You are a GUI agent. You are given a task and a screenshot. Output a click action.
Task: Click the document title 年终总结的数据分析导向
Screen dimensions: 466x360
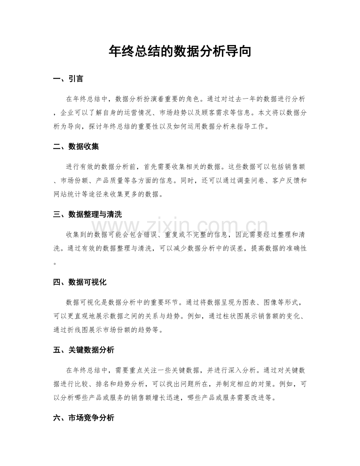[180, 51]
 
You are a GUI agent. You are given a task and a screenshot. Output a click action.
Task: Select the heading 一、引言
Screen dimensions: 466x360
[68, 79]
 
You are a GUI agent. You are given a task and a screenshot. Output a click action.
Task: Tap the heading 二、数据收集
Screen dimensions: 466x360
[76, 147]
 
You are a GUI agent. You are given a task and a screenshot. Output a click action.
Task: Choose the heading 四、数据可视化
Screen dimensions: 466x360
[80, 282]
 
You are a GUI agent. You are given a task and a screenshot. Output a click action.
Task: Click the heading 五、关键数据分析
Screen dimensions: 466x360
[83, 350]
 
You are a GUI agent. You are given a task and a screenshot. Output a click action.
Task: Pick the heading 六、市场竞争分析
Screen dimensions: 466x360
[83, 418]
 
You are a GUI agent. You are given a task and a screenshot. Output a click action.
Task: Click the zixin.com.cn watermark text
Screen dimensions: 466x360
[180, 227]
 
